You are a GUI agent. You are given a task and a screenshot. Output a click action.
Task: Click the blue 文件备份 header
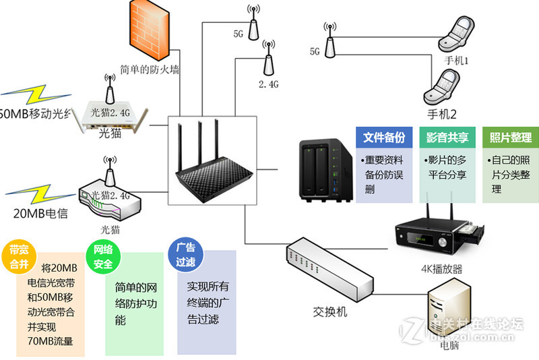click(x=384, y=138)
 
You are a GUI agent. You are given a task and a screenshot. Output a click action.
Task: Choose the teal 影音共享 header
click(x=447, y=138)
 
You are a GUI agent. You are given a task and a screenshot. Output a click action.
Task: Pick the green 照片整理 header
click(x=510, y=138)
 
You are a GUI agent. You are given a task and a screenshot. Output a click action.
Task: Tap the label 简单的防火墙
click(x=149, y=69)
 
